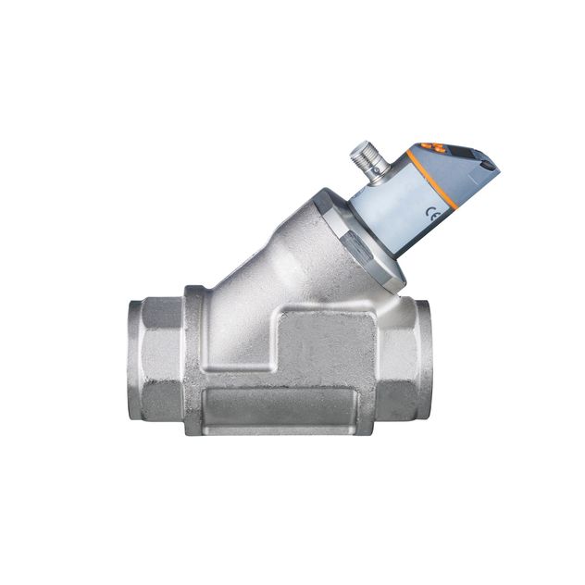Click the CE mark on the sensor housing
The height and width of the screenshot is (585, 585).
click(431, 212)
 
